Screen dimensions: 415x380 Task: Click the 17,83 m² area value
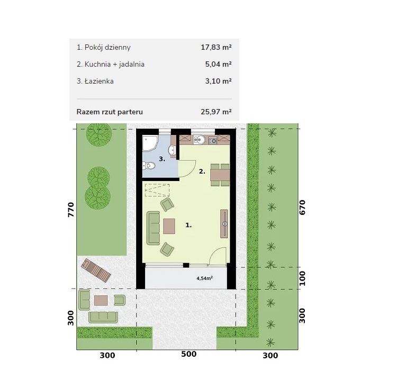(216, 48)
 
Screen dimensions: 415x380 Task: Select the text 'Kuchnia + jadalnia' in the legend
(114, 65)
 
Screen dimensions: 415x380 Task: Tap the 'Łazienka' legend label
(99, 82)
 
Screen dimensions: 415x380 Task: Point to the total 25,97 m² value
(216, 112)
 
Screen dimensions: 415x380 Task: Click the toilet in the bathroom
(148, 166)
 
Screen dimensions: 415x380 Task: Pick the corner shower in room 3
(150, 143)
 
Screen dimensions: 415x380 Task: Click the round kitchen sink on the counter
(199, 139)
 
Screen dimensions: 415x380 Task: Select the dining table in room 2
(220, 175)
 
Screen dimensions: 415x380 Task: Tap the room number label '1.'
(188, 225)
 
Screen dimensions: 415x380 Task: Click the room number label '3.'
(162, 159)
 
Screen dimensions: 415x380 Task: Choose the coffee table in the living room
(169, 226)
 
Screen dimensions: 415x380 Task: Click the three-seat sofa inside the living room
(154, 228)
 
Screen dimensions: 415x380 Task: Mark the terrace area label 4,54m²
(204, 278)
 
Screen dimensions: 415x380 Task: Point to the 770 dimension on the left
(71, 210)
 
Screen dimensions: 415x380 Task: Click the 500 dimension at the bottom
(188, 354)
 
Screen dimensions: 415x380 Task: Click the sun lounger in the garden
(96, 270)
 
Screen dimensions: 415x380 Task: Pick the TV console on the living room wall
(224, 223)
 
